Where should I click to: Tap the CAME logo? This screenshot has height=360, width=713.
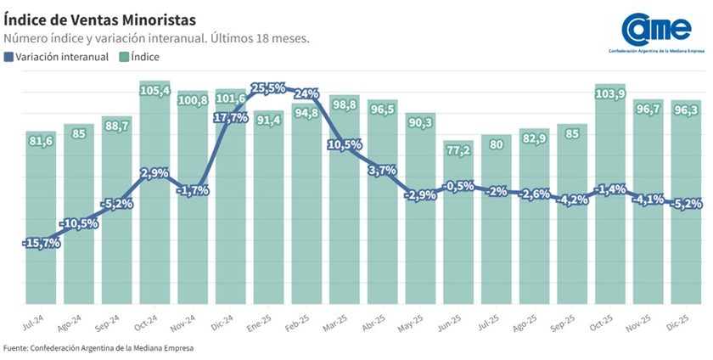pyautogui.click(x=657, y=30)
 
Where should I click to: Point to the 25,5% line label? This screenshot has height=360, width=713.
pyautogui.click(x=269, y=87)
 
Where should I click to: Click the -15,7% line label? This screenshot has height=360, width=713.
pyautogui.click(x=40, y=243)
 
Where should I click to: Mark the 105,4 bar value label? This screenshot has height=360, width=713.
pyautogui.click(x=155, y=90)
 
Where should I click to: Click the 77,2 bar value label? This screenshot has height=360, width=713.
pyautogui.click(x=459, y=150)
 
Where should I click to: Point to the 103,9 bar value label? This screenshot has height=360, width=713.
pyautogui.click(x=611, y=93)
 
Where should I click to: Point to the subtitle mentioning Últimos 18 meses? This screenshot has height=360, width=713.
pyautogui.click(x=156, y=39)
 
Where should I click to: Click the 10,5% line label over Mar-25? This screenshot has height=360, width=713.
pyautogui.click(x=345, y=144)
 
